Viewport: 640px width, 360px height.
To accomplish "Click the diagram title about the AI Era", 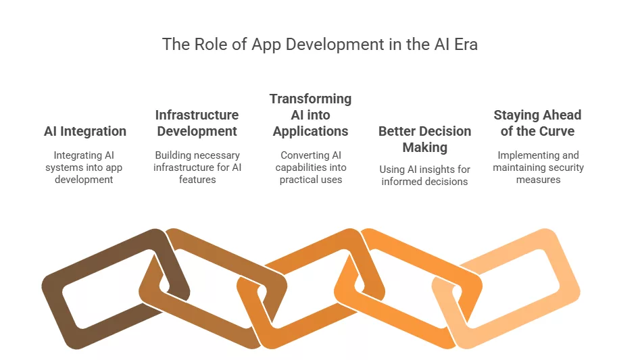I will click(x=320, y=45).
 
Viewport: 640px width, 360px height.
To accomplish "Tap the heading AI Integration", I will click(x=85, y=131).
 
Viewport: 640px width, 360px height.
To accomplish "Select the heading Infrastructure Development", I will click(x=197, y=123).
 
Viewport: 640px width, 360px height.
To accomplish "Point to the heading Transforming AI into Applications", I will click(x=310, y=115).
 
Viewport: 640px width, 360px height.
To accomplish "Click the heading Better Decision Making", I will click(x=424, y=139).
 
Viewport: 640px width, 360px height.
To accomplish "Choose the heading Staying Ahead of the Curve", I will click(x=537, y=123).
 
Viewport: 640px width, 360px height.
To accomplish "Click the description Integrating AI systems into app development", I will click(x=84, y=168).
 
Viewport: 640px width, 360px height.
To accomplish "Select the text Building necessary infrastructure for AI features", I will click(x=197, y=168).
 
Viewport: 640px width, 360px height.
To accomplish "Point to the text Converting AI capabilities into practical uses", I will click(x=310, y=168).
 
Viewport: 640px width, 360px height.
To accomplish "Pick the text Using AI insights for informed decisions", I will click(x=424, y=175).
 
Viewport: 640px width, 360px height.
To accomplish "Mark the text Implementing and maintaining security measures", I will click(x=538, y=168).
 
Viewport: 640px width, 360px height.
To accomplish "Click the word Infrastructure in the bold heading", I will click(x=197, y=115).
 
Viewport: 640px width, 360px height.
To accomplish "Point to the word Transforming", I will click(x=310, y=99).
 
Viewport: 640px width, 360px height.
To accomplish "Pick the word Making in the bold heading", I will click(x=424, y=147).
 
